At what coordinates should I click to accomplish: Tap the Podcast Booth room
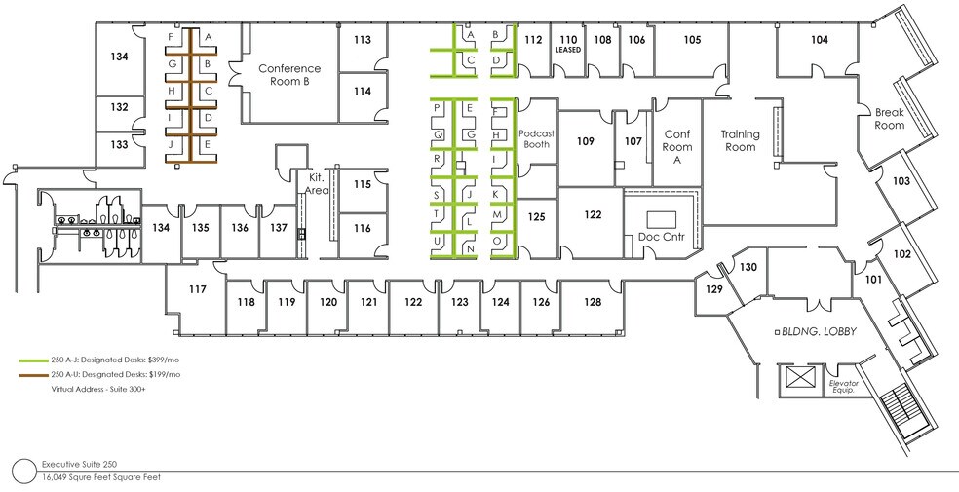pyautogui.click(x=536, y=138)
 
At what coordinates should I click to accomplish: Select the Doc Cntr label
pyautogui.click(x=662, y=238)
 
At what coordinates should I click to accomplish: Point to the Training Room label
pyautogui.click(x=740, y=140)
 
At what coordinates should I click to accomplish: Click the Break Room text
pyautogui.click(x=889, y=119)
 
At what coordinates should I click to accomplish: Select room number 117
pyautogui.click(x=198, y=289)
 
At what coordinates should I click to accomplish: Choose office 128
pyautogui.click(x=592, y=302)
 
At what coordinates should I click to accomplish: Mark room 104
pyautogui.click(x=819, y=40)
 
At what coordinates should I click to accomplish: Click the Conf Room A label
pyautogui.click(x=676, y=148)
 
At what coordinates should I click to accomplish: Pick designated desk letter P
pyautogui.click(x=438, y=107)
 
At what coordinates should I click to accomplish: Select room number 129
pyautogui.click(x=714, y=290)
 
